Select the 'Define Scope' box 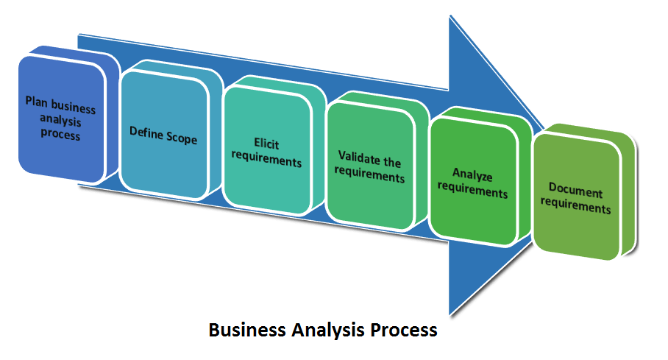[163, 134]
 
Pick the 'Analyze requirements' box [472, 183]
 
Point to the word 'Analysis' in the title [330, 329]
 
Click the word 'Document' [575, 192]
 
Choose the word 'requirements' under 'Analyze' [472, 191]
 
